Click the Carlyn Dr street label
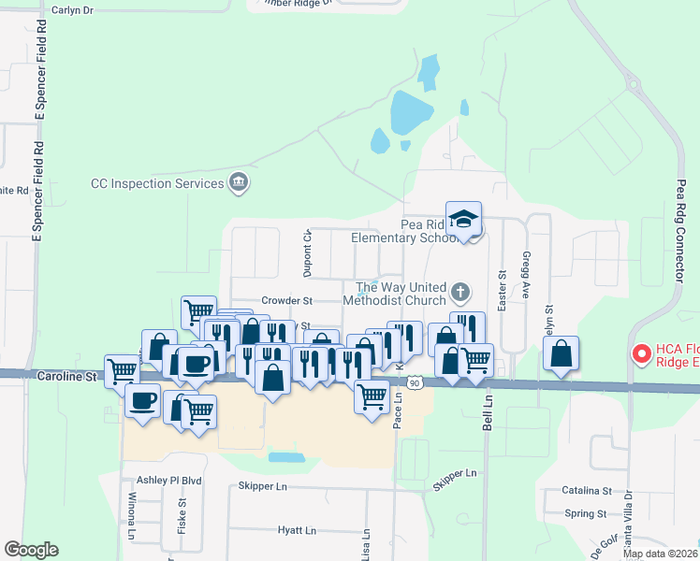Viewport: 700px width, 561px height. coord(74,9)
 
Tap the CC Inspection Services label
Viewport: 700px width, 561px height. coord(156,183)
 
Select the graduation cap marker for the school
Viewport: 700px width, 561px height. coord(463,220)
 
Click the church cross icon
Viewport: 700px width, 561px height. coord(459,293)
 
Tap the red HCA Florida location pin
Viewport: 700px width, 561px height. coord(642,354)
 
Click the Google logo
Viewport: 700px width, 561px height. coord(31,550)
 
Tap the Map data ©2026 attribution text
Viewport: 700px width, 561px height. coord(660,554)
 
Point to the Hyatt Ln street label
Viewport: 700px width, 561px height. coord(296,530)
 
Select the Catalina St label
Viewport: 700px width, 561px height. coord(587,490)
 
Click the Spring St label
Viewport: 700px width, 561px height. coord(587,513)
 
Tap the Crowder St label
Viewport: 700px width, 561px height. coord(285,301)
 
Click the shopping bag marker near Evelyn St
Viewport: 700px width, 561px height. coord(561,354)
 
